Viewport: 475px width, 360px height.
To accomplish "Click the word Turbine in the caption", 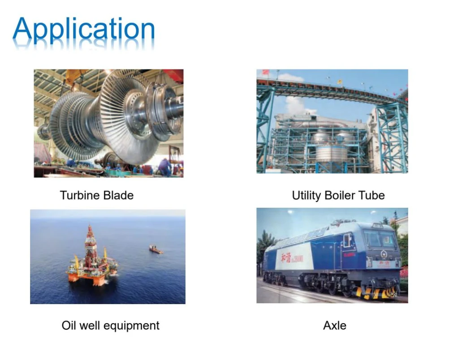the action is tap(80, 195).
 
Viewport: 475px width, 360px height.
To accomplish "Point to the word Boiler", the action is tap(340, 195).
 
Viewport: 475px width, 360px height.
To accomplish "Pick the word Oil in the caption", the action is tap(69, 326).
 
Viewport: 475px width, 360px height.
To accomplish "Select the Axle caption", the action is tap(335, 326).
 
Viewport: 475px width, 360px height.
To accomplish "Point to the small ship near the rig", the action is tap(155, 250).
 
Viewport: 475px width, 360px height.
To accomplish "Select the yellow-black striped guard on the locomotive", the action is tap(376, 292).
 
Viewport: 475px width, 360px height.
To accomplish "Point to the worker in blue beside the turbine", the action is tap(165, 167).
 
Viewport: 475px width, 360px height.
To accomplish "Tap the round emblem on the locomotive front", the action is tap(384, 254).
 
